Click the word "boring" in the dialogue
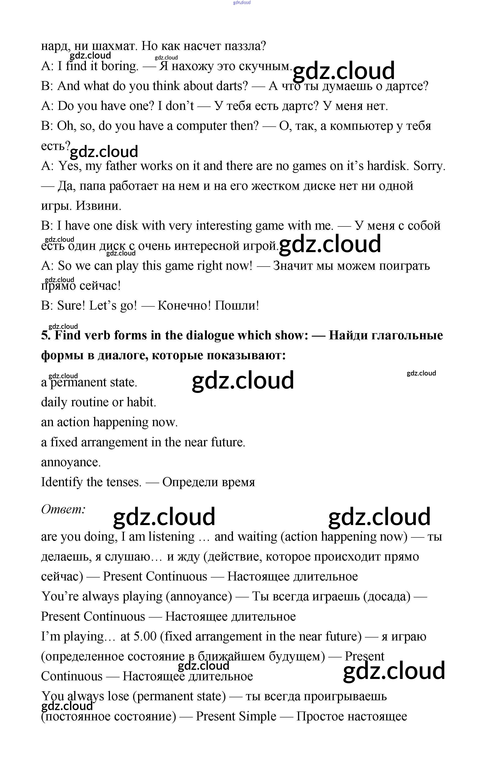119,66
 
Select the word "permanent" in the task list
78,382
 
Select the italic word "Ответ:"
63,509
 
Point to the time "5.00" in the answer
145,636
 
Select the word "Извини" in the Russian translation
98,206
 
